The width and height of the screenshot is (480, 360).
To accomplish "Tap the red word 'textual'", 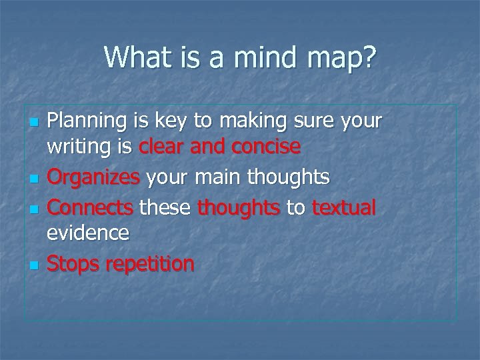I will click(344, 209).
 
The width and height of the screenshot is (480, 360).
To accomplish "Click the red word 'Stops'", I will click(73, 264).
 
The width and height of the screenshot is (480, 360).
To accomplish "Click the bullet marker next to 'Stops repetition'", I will click(35, 265).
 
